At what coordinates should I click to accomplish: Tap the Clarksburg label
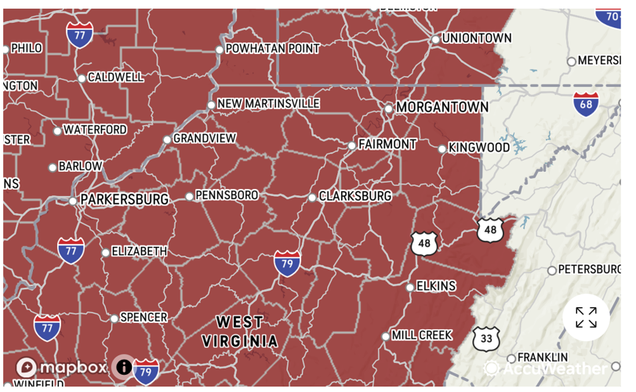coord(354,195)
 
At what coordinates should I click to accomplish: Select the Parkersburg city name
coord(124,199)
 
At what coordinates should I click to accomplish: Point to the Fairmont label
coord(387,144)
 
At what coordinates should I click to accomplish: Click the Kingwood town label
coord(478,147)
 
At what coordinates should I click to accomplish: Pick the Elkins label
coord(435,286)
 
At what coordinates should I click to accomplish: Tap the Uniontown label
coord(476,38)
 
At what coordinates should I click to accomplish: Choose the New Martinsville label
coord(268,103)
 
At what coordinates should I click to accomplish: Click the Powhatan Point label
coord(272,49)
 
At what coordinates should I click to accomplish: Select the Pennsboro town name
coord(227,194)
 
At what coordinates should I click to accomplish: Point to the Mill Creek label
coord(421,335)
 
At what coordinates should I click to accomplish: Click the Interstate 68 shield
coord(586,103)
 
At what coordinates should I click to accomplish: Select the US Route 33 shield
coord(486,339)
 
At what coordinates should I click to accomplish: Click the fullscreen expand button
coord(586,318)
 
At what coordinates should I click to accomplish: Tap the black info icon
coord(124,366)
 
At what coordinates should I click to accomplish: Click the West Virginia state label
coord(240,331)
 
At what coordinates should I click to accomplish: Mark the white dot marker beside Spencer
coord(114,318)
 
